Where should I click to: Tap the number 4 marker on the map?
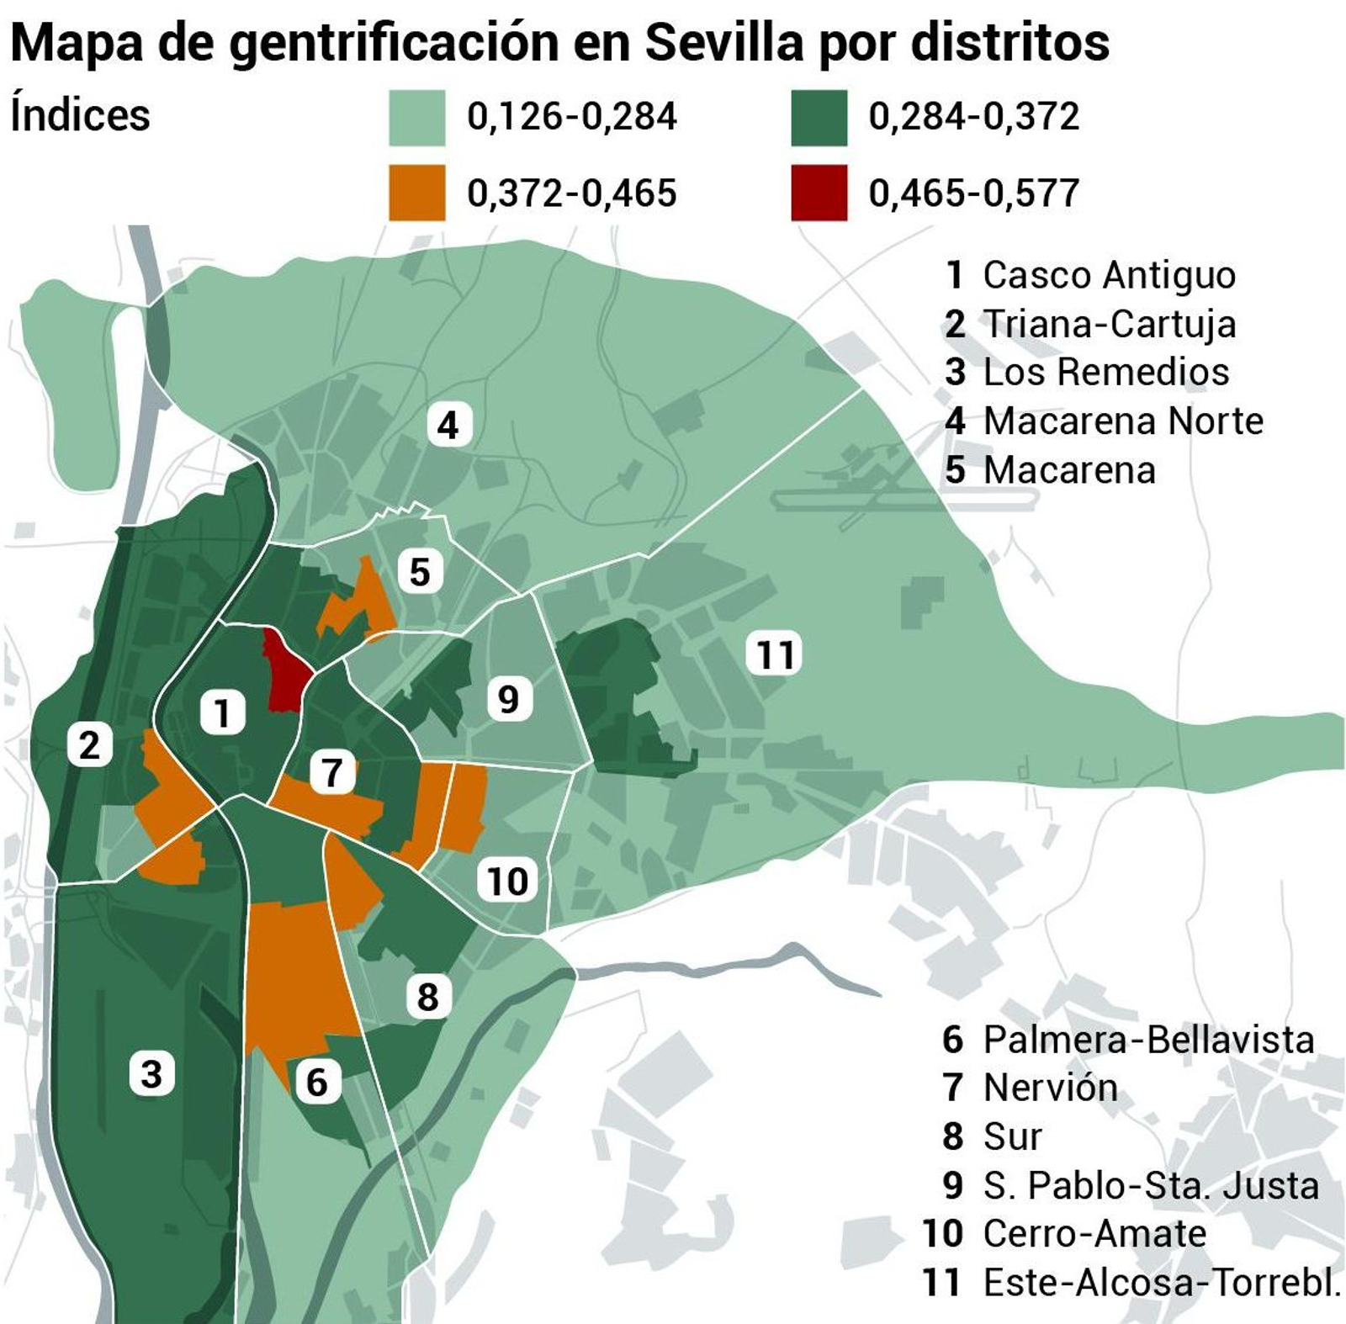[448, 425]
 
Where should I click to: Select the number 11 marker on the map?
[775, 655]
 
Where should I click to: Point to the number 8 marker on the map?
[427, 998]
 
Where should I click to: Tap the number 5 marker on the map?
[420, 573]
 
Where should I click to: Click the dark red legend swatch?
[819, 193]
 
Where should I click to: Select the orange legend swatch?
[416, 193]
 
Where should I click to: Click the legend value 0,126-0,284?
[572, 116]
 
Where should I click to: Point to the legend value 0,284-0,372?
[973, 116]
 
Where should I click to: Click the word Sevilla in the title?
[724, 42]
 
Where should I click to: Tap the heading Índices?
[80, 115]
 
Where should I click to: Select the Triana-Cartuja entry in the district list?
[1109, 324]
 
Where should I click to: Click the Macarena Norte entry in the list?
[1122, 421]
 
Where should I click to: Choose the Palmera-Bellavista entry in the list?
[1147, 1040]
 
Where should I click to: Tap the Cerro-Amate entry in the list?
[1094, 1234]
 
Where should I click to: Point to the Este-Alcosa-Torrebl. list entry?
[1161, 1283]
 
